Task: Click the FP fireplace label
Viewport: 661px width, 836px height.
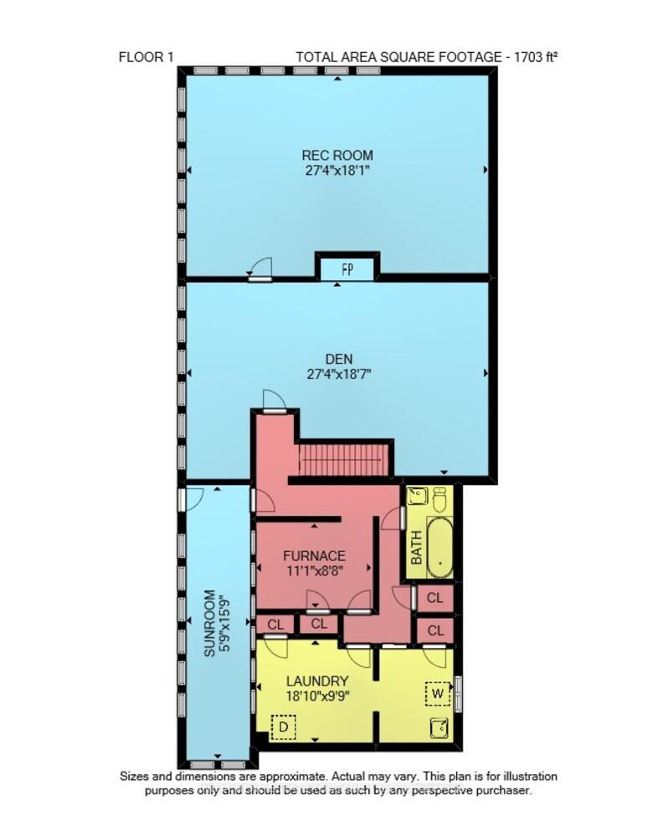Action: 347,269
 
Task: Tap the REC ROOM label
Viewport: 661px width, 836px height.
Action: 337,155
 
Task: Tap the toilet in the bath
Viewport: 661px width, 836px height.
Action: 439,499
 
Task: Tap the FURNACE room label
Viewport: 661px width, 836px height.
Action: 314,556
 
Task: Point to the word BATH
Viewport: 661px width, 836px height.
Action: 416,548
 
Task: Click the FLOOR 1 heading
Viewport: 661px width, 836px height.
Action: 146,57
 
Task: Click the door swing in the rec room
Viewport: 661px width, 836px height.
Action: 262,267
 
